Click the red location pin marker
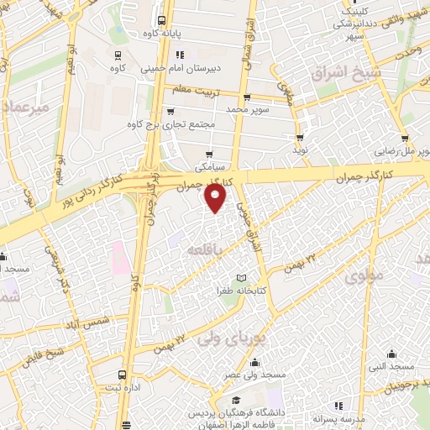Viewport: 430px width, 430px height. pyautogui.click(x=217, y=198)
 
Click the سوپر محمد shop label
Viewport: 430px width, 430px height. pyautogui.click(x=249, y=109)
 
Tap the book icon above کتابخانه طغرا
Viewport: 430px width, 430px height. pyautogui.click(x=242, y=278)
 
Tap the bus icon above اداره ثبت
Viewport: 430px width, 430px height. pyautogui.click(x=123, y=375)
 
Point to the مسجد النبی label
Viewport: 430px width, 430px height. pyautogui.click(x=390, y=368)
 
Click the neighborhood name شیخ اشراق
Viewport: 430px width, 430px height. pyautogui.click(x=346, y=73)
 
